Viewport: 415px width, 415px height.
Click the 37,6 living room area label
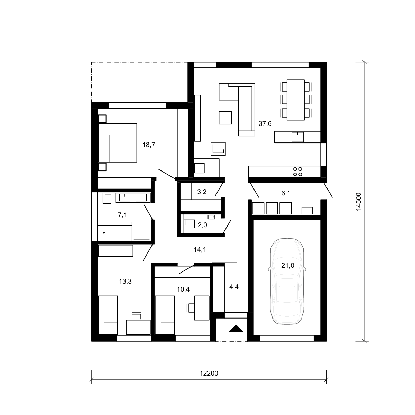(x=265, y=124)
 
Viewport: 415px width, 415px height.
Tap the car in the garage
(x=287, y=281)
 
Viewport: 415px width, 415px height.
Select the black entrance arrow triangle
(x=236, y=329)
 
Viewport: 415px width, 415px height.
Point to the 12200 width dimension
(x=209, y=373)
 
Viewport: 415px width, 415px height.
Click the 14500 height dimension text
(x=358, y=202)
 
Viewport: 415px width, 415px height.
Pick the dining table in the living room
(x=295, y=100)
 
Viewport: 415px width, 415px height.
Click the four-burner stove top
(x=297, y=172)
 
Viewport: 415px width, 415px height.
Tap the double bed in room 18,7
(x=117, y=142)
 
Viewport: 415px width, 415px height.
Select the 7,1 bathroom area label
(x=122, y=215)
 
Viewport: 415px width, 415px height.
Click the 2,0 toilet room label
(x=202, y=225)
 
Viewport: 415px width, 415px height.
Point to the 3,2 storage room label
(x=202, y=192)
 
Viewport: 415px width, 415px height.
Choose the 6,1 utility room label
(x=286, y=193)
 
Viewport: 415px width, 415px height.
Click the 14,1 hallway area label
(x=200, y=250)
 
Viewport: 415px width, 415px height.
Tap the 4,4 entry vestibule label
(x=234, y=287)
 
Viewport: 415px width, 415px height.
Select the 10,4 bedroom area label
(x=183, y=289)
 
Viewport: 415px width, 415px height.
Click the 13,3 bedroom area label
(x=125, y=281)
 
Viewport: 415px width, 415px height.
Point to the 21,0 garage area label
(x=287, y=266)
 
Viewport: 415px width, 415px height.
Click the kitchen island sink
(x=297, y=137)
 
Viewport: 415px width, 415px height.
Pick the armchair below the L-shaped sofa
(x=225, y=118)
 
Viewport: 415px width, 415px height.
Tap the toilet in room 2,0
(x=189, y=224)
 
